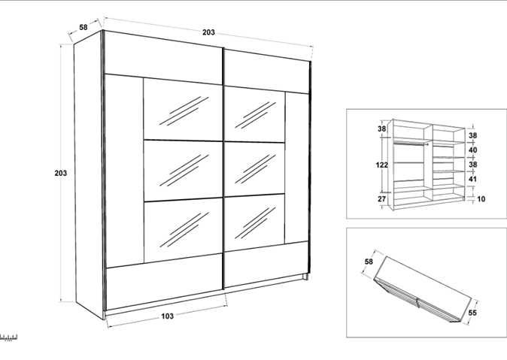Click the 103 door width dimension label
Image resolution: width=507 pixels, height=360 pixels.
coord(167,316)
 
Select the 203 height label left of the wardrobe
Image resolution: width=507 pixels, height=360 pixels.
coord(60,173)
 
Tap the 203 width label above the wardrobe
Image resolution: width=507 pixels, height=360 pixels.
coord(208,32)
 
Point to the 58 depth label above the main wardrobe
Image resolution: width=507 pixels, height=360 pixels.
coord(83,27)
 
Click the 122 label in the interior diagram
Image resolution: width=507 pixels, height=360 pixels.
coord(381,165)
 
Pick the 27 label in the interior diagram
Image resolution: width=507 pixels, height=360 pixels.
coord(382,198)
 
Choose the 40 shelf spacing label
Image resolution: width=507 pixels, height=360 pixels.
coord(472,150)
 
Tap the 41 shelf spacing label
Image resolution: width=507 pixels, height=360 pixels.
coord(472,179)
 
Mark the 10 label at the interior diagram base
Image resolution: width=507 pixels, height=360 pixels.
coord(481,198)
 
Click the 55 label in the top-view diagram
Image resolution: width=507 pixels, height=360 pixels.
coord(472,313)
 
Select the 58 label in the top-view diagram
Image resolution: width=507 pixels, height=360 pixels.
coord(369,262)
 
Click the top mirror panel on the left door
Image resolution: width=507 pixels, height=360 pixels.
coord(183,110)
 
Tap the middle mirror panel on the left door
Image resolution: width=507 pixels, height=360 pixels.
coord(183,171)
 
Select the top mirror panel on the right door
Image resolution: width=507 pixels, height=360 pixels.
coord(254,115)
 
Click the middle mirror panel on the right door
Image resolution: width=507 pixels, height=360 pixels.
coord(254,169)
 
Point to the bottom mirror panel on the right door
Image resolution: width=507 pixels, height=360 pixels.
coord(254,222)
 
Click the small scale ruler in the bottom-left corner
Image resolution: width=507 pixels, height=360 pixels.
coord(8,337)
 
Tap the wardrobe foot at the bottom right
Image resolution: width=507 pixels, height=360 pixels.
coord(305,277)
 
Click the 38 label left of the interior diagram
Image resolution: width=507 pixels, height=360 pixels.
coord(382,129)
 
